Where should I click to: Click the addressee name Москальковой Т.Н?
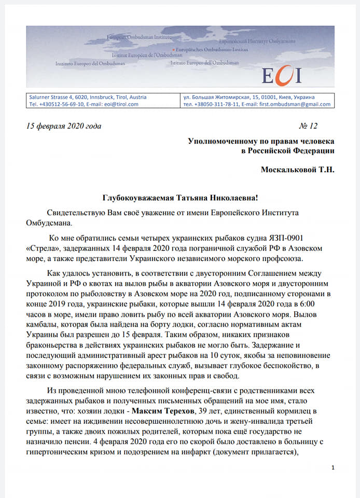[297, 170]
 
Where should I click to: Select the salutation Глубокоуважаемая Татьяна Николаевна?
[180, 198]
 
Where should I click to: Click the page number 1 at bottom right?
[333, 468]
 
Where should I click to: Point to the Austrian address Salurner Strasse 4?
[53, 97]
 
